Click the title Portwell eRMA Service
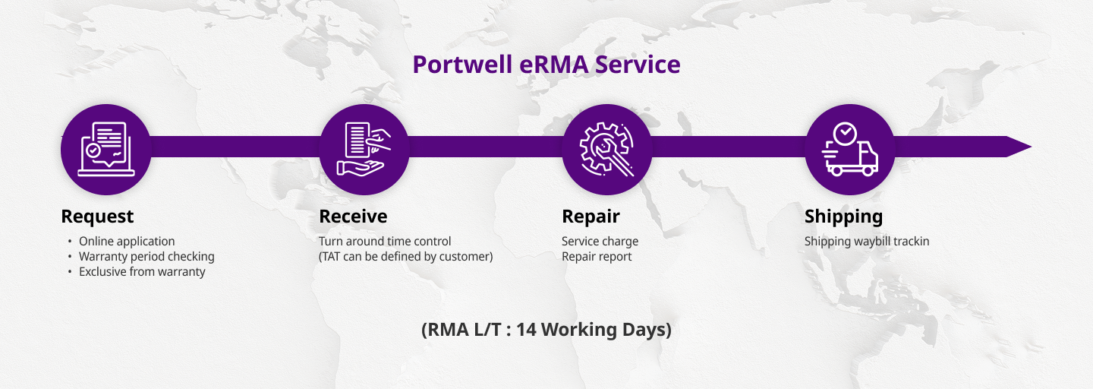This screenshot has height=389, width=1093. click(546, 65)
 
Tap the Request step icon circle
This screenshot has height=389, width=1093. click(106, 150)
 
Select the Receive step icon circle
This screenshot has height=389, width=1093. click(364, 150)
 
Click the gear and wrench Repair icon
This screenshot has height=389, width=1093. click(606, 149)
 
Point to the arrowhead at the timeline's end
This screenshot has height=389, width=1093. click(1031, 147)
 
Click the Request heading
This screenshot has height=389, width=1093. click(97, 217)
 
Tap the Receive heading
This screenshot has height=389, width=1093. click(353, 217)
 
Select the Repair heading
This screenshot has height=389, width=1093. click(591, 217)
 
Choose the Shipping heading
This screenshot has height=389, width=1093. click(843, 217)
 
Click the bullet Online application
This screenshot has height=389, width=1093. click(127, 242)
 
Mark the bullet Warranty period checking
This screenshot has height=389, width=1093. click(146, 257)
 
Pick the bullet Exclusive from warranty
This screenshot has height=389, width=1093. click(142, 272)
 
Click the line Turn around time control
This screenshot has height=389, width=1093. click(385, 242)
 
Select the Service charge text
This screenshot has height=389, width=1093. click(600, 242)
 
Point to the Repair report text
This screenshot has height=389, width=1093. click(597, 257)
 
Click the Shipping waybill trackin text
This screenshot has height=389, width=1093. click(867, 242)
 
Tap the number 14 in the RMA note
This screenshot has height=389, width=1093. click(526, 330)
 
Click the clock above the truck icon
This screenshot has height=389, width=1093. click(845, 133)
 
